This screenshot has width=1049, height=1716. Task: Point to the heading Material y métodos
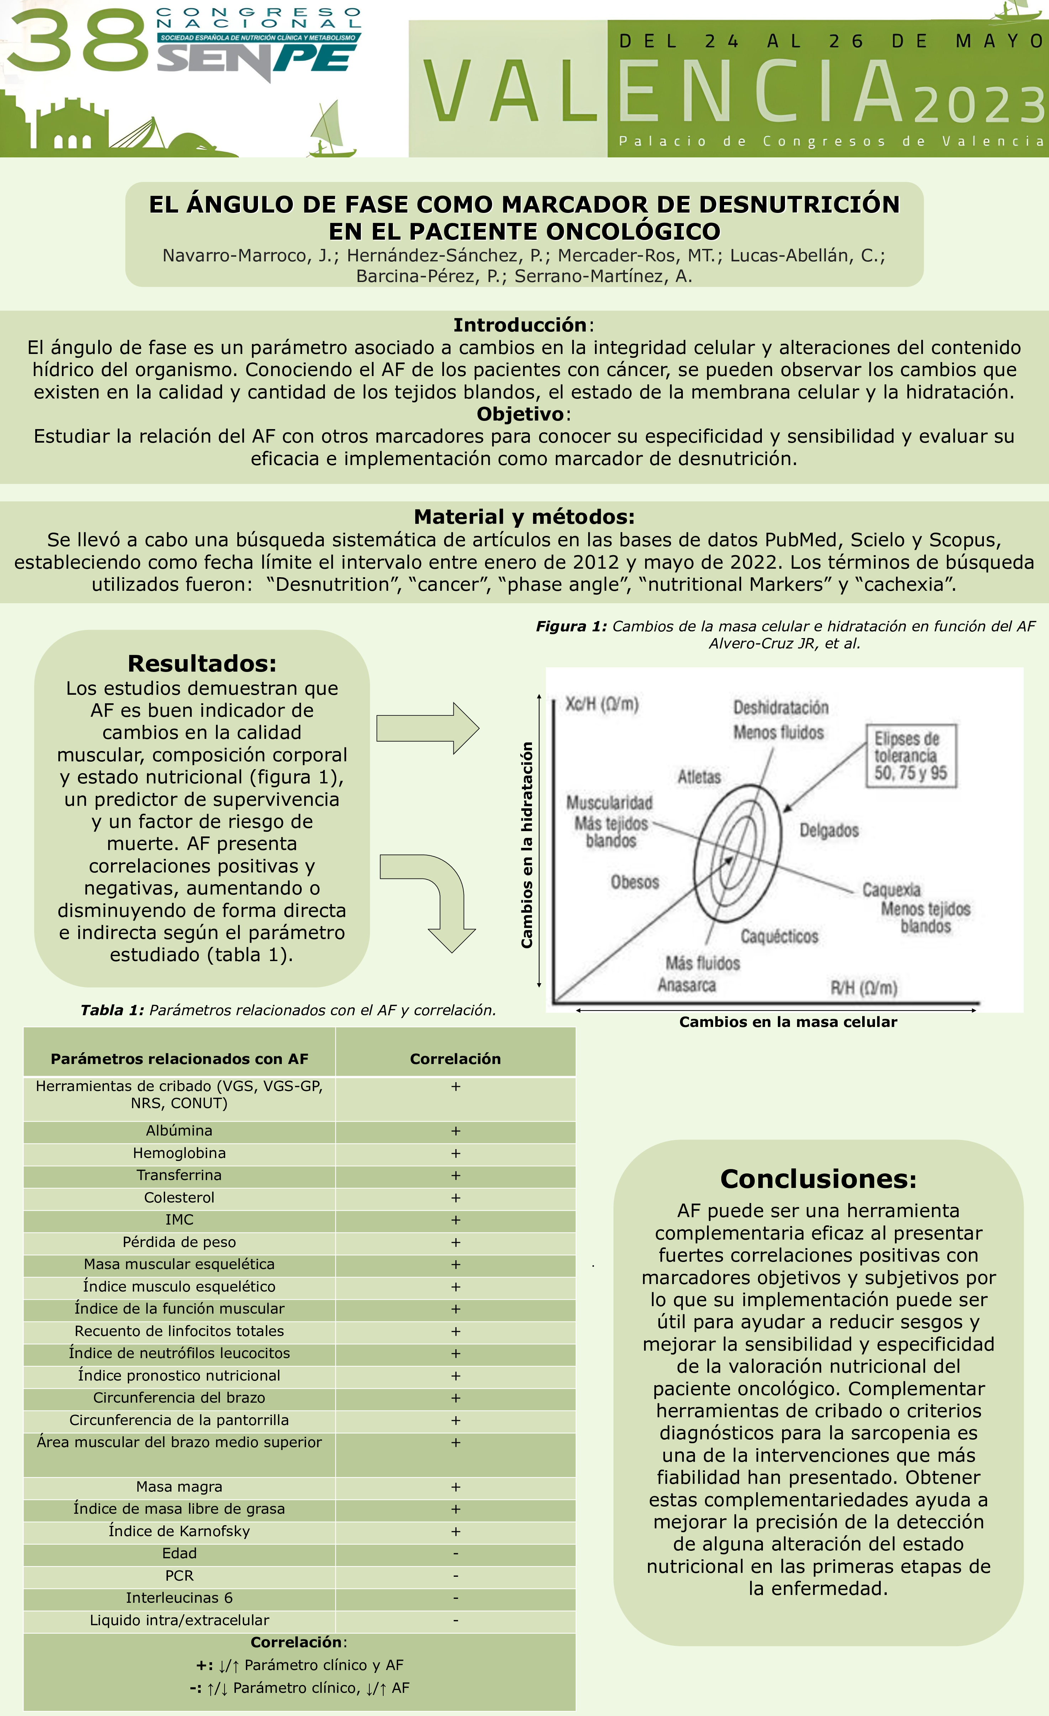(523, 517)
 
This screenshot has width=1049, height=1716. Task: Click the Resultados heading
(202, 663)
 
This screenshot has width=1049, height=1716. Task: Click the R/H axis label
(863, 987)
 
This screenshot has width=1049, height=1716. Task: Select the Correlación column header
(455, 1059)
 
